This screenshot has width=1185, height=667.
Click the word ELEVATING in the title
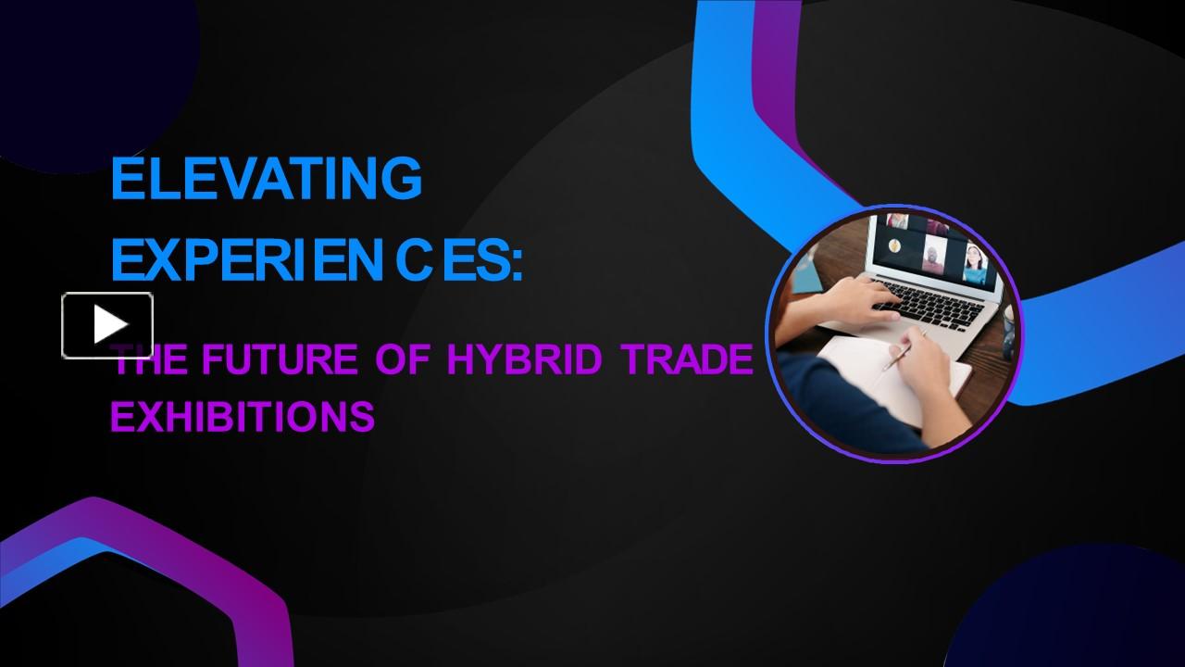[266, 179]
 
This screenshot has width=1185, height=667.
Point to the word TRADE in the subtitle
[686, 359]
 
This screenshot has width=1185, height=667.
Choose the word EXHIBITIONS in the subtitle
[243, 417]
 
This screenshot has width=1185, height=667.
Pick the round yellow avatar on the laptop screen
[895, 245]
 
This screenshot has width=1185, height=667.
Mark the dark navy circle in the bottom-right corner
[1083, 611]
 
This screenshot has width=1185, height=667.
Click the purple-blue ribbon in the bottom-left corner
[139, 556]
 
